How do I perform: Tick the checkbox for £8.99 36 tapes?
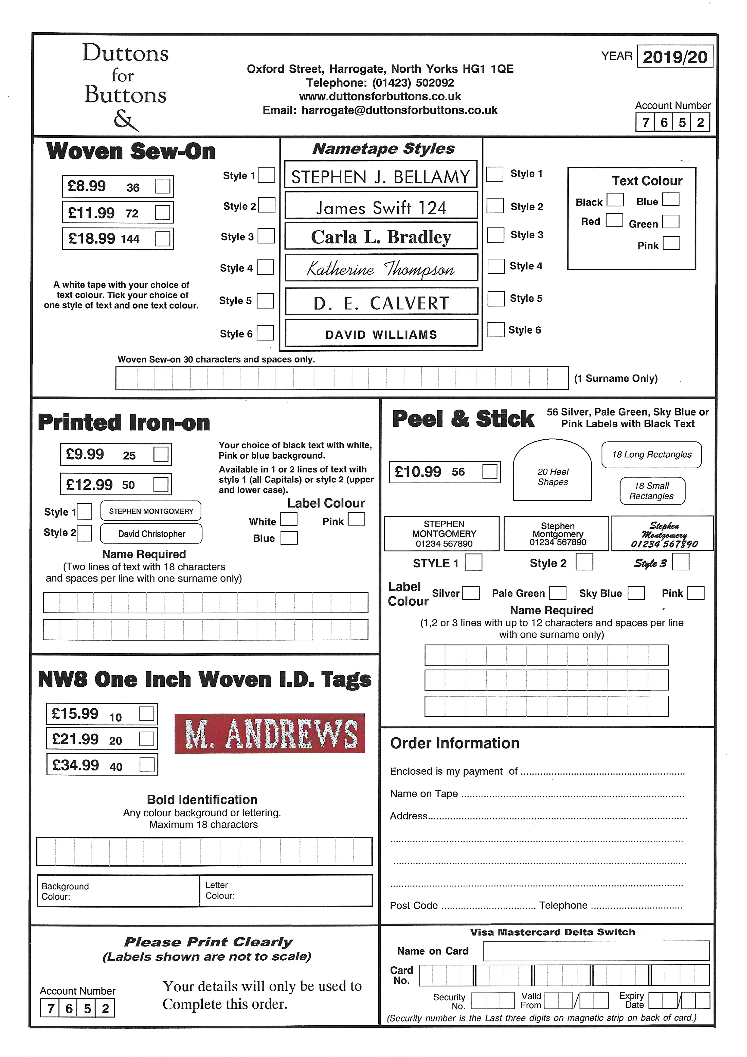162,187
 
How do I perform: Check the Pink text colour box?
671,243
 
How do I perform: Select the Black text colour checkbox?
615,200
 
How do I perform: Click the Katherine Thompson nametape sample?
381,268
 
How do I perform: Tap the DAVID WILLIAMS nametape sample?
381,334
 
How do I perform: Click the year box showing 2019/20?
674,57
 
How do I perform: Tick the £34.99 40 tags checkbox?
147,765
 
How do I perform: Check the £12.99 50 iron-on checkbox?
161,484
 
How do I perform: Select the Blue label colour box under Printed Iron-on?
289,538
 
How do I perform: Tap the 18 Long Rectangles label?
651,454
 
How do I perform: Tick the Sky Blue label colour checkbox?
636,593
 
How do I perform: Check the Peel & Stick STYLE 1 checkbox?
473,563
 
